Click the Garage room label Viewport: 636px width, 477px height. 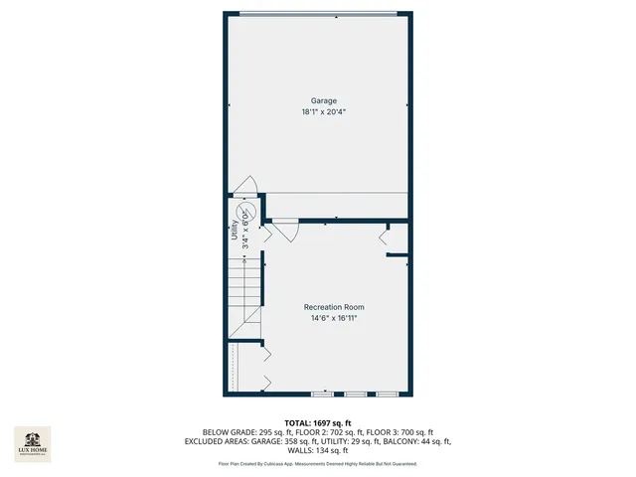pyautogui.click(x=323, y=100)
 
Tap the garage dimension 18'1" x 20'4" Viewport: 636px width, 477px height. pyautogui.click(x=323, y=112)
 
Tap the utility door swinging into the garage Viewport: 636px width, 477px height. pyautogui.click(x=245, y=185)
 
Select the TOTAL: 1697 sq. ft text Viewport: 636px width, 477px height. pyautogui.click(x=317, y=422)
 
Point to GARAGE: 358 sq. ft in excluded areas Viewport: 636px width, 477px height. pyautogui.click(x=281, y=441)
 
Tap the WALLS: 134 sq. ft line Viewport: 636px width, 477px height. pyautogui.click(x=317, y=450)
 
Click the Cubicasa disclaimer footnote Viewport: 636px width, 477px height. pyautogui.click(x=317, y=464)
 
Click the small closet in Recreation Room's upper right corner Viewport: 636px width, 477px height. pyautogui.click(x=397, y=238)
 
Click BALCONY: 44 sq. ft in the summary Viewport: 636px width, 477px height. pyautogui.click(x=420, y=441)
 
